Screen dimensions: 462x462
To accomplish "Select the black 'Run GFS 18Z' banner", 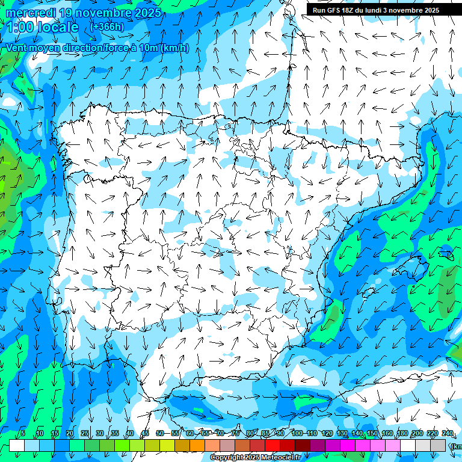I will click(x=376, y=10).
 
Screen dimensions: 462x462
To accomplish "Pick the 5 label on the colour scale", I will click(x=23, y=433).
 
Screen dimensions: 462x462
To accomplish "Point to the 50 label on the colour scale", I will click(x=160, y=433).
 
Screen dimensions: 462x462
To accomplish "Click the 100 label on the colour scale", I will click(x=297, y=433).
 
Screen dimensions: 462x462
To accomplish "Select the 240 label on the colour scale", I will click(x=448, y=433).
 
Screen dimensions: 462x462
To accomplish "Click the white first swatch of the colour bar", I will click(x=17, y=445).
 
